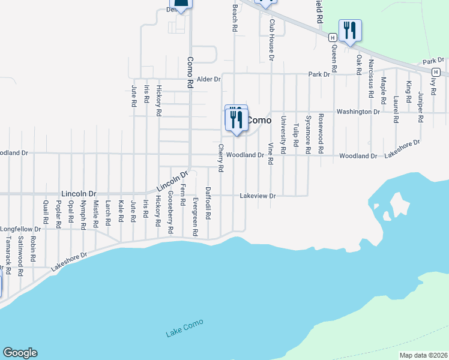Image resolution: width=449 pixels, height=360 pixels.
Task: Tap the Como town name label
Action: pos(260,120)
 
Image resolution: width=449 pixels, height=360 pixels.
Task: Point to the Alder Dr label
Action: pos(209,79)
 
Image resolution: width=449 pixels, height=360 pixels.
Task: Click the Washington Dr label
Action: pos(358,112)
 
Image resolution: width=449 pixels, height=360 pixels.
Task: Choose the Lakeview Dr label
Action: pos(258,196)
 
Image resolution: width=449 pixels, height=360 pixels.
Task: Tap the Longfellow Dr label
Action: pos(20,229)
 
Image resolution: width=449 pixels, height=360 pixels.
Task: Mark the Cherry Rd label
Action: pos(221,158)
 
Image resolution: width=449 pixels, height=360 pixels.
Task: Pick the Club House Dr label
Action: pos(271,40)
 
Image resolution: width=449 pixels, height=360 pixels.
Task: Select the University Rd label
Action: pos(283,131)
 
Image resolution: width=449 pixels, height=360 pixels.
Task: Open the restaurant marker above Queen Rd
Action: pos(350,31)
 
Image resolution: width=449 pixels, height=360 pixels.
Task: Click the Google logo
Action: pos(20,353)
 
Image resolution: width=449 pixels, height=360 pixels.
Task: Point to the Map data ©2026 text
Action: pos(423,355)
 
